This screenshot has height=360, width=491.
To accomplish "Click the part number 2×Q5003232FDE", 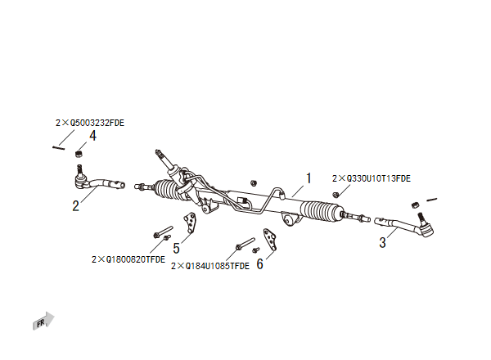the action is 90,123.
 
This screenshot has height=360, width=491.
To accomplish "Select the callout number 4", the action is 92,136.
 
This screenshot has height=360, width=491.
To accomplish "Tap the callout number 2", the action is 75,205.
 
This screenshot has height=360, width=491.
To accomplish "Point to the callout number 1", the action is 309,178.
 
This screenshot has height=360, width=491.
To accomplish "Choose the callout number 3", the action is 382,242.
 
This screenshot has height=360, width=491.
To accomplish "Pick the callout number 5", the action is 176,247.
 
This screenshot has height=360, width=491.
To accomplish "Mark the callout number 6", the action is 260,263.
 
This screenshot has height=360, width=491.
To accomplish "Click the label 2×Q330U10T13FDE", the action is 372,178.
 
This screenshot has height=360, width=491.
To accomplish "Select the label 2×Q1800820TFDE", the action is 128,259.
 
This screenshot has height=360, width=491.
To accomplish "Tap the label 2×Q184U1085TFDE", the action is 210,266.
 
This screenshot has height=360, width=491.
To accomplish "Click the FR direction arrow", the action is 44,322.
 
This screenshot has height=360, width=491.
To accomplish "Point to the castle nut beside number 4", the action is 79,152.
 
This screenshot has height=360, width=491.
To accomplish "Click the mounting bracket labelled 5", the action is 191,226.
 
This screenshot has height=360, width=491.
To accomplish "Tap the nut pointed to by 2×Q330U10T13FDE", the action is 336,193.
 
